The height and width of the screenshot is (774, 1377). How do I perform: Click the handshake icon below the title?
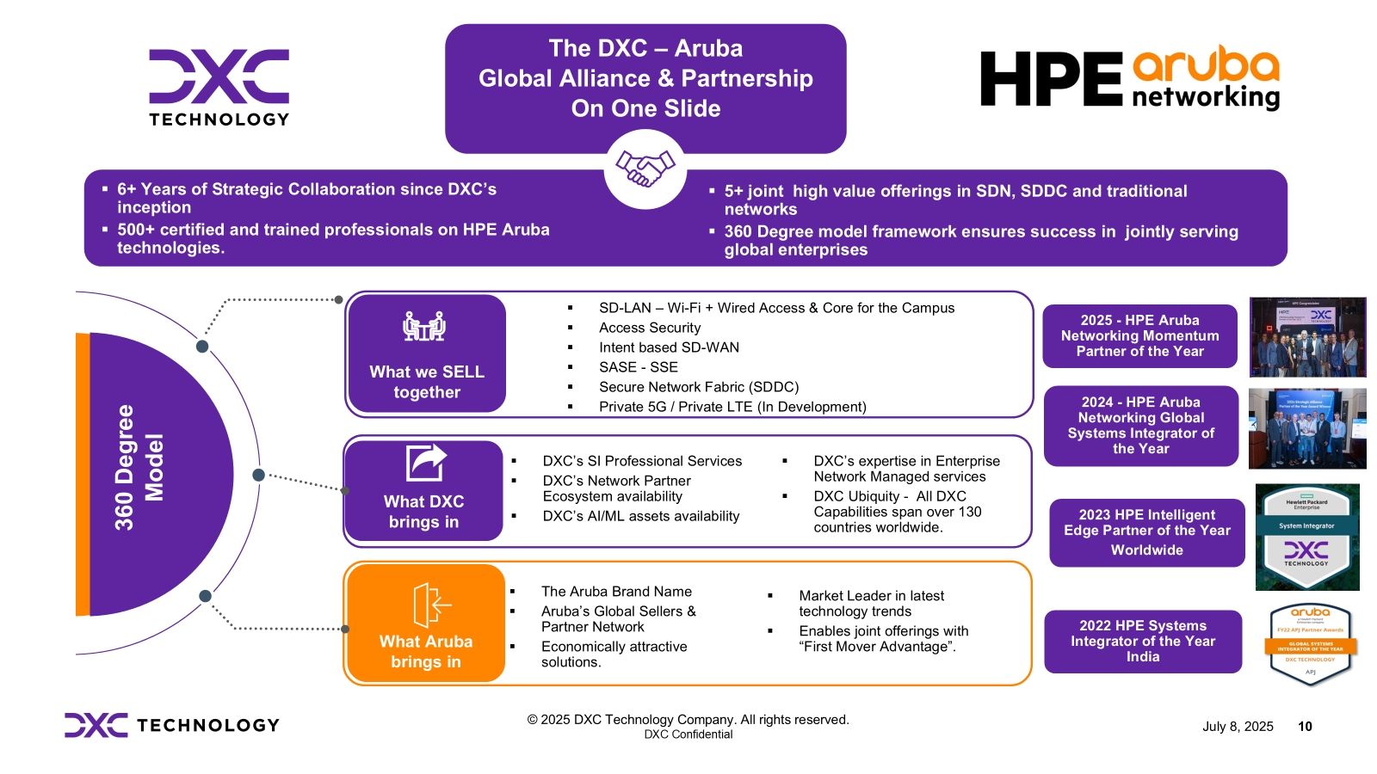[645, 169]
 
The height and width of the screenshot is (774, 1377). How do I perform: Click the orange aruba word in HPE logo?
[1205, 65]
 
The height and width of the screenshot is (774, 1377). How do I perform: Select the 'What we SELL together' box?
[427, 353]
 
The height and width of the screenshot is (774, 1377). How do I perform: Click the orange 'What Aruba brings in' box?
[426, 623]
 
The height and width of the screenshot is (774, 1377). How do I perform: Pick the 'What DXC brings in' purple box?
[423, 491]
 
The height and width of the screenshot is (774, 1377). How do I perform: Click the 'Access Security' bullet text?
[650, 328]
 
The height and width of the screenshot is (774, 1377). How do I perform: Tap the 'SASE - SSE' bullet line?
[638, 367]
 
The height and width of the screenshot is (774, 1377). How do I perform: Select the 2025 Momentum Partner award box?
[1139, 336]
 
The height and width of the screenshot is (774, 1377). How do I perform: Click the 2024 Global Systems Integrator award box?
[1140, 426]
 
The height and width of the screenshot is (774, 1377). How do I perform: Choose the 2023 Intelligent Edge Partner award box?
[1146, 532]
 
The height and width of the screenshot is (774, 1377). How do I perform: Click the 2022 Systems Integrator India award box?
[1143, 642]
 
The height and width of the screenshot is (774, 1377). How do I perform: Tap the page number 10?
[1305, 727]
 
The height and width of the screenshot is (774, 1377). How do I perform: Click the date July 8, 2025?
[1238, 727]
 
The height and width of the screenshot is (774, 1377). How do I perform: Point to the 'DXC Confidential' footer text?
[688, 734]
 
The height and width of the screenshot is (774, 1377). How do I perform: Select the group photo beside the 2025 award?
[1307, 337]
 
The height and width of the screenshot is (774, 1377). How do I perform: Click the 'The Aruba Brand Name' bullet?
[616, 592]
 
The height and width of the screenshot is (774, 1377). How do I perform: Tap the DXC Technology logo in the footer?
[172, 725]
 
